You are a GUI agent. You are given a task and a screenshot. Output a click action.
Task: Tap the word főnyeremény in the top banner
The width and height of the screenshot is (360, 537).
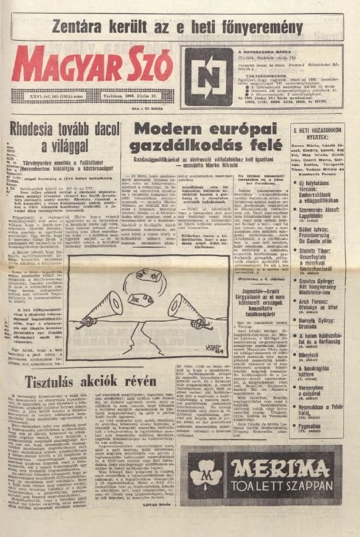[x=260, y=27]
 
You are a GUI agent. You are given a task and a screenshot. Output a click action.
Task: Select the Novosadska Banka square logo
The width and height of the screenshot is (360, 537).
[x=208, y=77]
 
